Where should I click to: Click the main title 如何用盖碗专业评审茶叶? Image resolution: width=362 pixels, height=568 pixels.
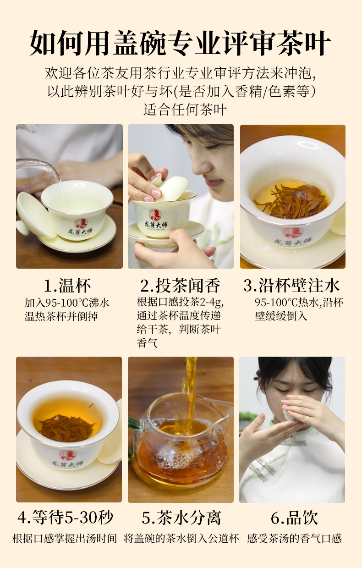tap(180, 43)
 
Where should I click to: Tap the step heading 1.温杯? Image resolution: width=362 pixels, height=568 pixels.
tap(67, 286)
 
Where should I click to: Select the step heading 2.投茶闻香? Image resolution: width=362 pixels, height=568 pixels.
tap(180, 286)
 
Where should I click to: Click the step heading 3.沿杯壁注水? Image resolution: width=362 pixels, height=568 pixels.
tap(291, 286)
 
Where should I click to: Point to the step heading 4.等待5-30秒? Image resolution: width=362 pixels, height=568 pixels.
tap(66, 517)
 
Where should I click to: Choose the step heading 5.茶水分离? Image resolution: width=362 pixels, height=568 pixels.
tap(181, 517)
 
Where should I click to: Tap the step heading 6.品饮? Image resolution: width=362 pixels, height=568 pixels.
tap(294, 517)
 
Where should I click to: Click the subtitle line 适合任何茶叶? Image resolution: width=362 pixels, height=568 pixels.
tap(185, 110)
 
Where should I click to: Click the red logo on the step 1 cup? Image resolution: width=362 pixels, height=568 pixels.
tap(82, 224)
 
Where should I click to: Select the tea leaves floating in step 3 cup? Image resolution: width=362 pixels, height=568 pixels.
tap(291, 200)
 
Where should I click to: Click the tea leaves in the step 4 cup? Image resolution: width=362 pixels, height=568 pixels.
tap(66, 428)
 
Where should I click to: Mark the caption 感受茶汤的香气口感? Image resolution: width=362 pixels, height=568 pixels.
tap(294, 539)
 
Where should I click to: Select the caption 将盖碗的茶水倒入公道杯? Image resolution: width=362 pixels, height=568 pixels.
tap(181, 539)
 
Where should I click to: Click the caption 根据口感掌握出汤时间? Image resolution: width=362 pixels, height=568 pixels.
tap(65, 539)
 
